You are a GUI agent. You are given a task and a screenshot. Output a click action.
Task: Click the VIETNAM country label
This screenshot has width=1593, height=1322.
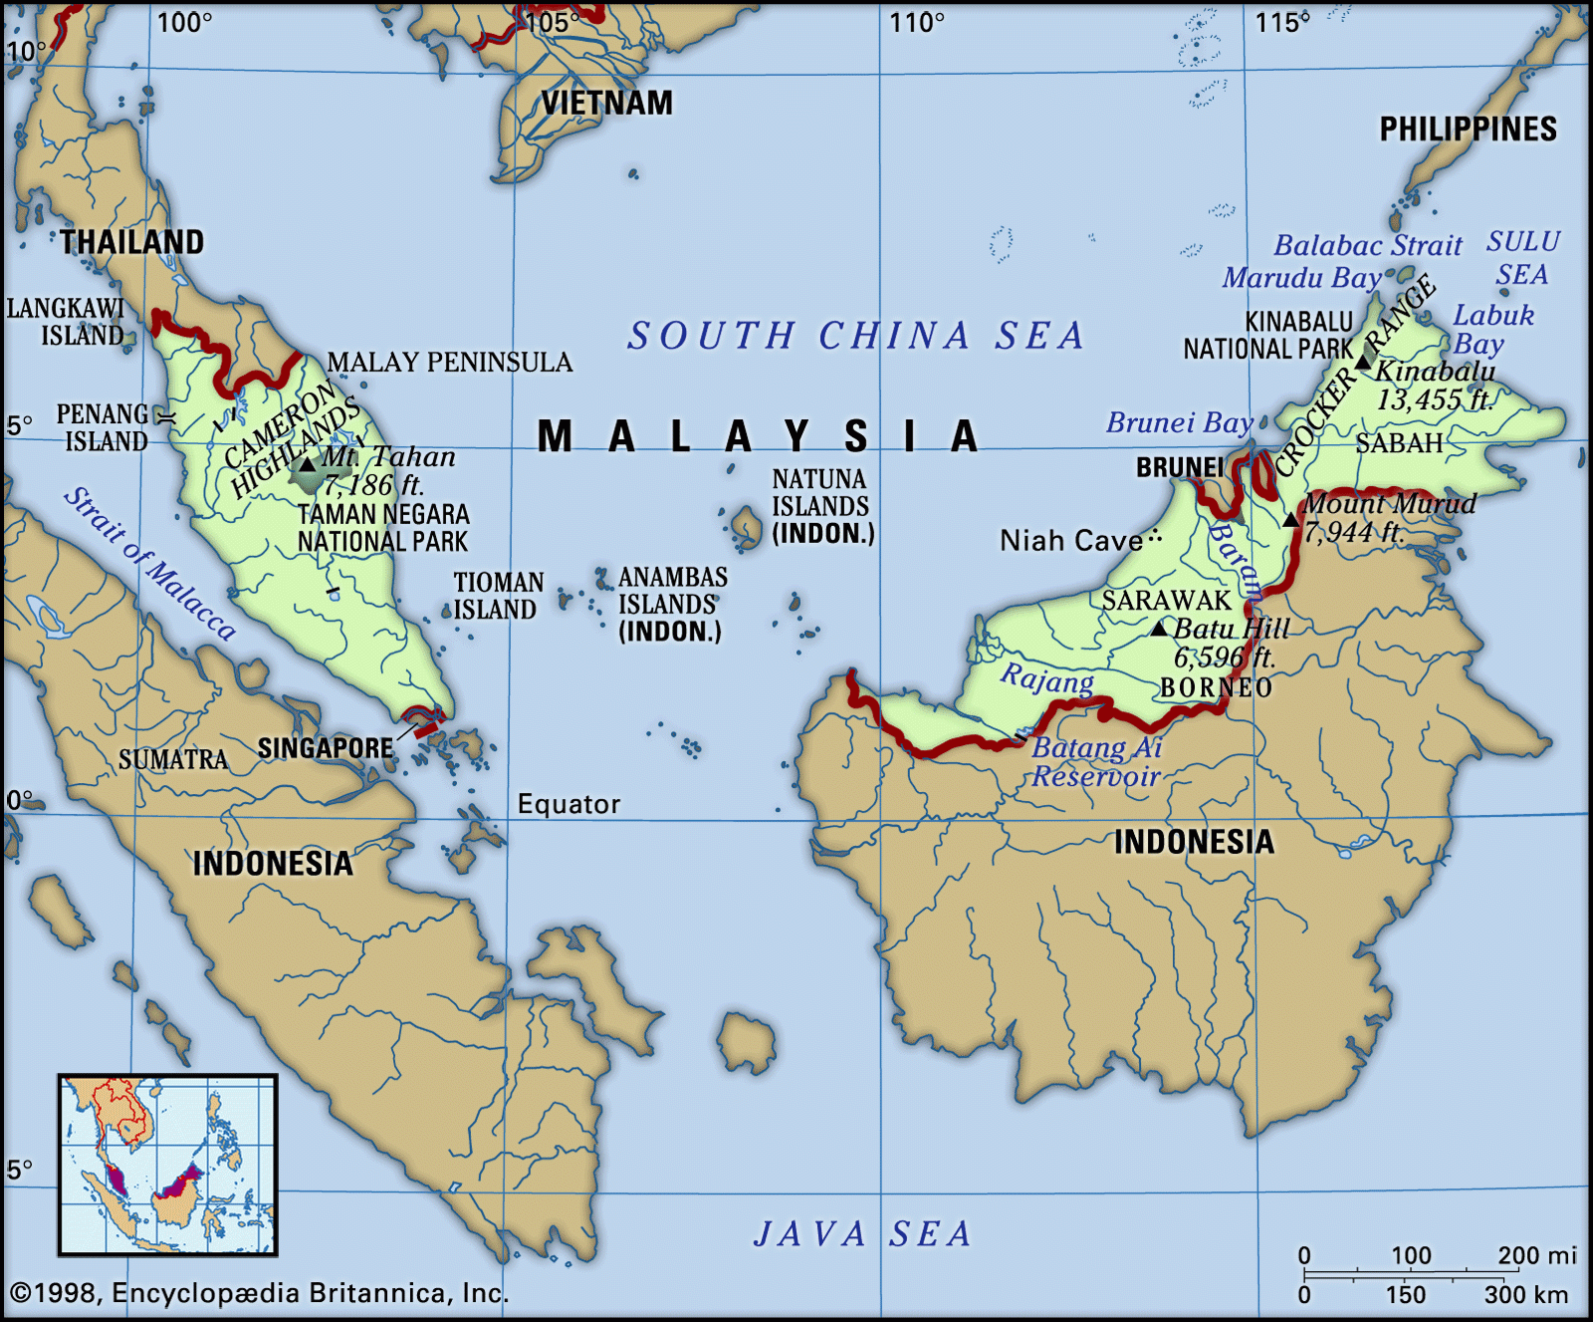[606, 103]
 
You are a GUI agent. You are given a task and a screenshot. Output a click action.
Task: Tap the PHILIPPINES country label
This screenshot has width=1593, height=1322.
[1468, 129]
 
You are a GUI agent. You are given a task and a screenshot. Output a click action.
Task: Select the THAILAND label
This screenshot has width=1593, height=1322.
[131, 242]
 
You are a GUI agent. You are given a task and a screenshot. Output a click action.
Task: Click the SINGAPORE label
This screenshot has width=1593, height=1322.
[325, 748]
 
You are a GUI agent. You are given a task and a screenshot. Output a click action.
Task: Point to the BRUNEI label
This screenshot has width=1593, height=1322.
[1180, 467]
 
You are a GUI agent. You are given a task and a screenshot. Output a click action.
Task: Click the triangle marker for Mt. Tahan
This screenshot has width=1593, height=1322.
[308, 464]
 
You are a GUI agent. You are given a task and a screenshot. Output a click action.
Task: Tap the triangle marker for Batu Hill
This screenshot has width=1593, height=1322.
[1158, 629]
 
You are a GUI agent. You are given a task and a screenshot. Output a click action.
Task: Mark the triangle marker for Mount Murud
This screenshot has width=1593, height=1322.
[1290, 519]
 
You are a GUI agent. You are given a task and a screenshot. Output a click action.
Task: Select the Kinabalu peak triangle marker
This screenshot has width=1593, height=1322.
[1364, 361]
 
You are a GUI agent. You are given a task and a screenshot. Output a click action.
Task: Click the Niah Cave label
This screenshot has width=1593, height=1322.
[1071, 541]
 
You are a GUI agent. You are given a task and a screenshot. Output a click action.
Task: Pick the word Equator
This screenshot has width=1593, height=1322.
[569, 804]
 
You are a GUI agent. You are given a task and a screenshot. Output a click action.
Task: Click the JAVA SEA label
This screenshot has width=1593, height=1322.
[862, 1233]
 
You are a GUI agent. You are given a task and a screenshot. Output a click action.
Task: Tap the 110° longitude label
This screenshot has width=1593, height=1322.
[916, 22]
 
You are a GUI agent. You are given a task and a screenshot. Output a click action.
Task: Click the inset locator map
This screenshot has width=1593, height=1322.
[167, 1164]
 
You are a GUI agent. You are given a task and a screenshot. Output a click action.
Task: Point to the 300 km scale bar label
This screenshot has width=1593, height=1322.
[1525, 1294]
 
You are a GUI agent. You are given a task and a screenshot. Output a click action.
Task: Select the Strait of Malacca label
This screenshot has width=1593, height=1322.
[150, 564]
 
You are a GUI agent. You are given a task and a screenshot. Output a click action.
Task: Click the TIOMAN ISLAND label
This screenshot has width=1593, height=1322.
[498, 596]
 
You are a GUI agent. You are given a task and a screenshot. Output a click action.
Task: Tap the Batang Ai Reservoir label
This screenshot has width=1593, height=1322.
[1095, 762]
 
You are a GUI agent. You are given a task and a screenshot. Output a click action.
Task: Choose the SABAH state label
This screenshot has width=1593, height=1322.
[1399, 443]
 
